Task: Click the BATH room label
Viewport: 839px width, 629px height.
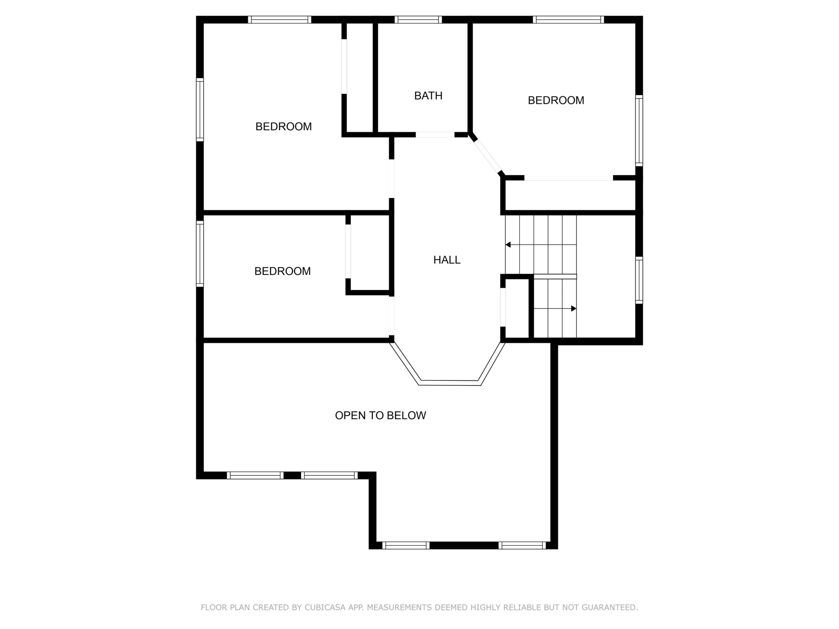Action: pyautogui.click(x=428, y=96)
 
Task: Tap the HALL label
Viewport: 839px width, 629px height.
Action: pyautogui.click(x=447, y=260)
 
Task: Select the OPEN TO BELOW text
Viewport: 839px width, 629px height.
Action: pyautogui.click(x=380, y=415)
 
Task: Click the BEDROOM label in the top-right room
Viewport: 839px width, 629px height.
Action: pyautogui.click(x=556, y=100)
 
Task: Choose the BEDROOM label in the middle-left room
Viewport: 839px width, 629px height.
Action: pyautogui.click(x=283, y=271)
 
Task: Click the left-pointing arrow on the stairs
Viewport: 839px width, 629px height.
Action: pyautogui.click(x=541, y=245)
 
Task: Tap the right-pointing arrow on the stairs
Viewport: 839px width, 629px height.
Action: pyautogui.click(x=555, y=309)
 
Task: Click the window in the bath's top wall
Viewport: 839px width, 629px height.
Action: pyautogui.click(x=418, y=20)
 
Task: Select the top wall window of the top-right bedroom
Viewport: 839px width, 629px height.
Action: pyautogui.click(x=568, y=20)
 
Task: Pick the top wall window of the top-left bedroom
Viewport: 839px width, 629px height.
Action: pyautogui.click(x=280, y=20)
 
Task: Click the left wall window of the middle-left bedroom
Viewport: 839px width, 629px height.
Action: pyautogui.click(x=200, y=254)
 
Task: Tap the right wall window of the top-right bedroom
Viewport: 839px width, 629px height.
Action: pyautogui.click(x=639, y=130)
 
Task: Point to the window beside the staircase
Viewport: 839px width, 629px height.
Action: pyautogui.click(x=639, y=280)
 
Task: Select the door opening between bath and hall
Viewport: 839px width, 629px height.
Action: pyautogui.click(x=435, y=135)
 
